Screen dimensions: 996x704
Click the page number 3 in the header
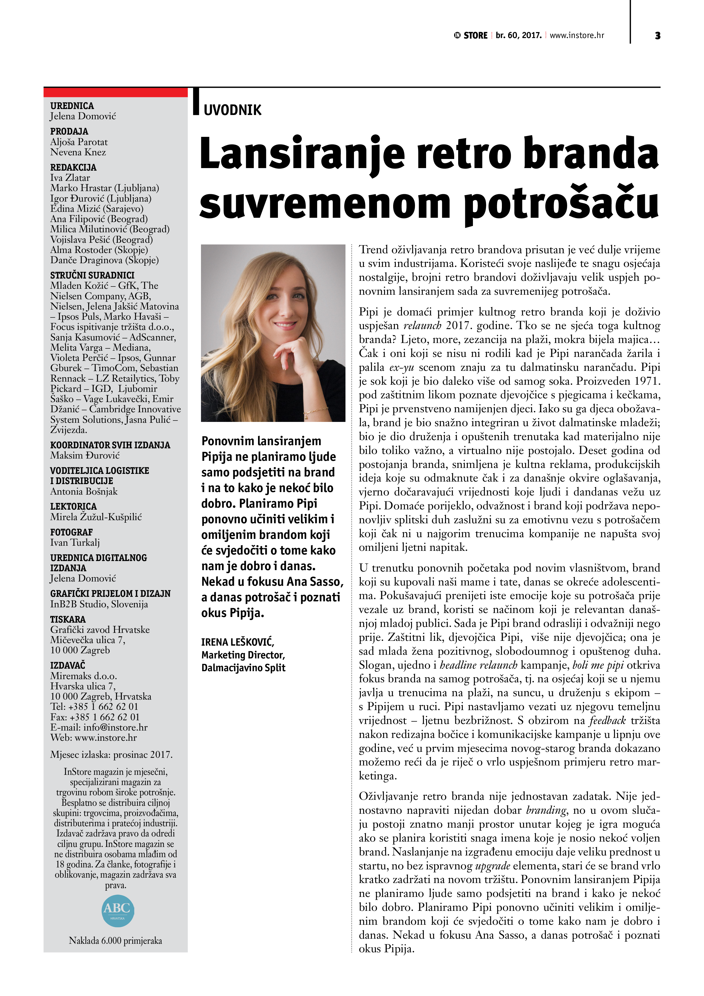(658, 35)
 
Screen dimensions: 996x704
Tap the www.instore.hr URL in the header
(577, 35)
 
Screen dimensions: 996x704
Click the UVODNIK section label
(232, 110)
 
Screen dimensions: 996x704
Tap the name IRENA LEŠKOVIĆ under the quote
(237, 642)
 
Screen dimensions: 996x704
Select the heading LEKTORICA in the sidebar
(73, 506)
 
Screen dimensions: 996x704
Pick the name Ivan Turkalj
(75, 542)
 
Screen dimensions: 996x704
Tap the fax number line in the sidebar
(95, 717)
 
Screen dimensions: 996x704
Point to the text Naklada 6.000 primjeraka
(115, 940)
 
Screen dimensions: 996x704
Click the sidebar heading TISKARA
(68, 620)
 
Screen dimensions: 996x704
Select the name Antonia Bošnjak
(84, 491)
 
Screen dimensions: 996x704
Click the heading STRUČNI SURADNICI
(92, 275)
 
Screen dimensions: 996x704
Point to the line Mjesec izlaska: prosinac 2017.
(111, 754)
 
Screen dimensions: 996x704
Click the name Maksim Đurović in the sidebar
(85, 455)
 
